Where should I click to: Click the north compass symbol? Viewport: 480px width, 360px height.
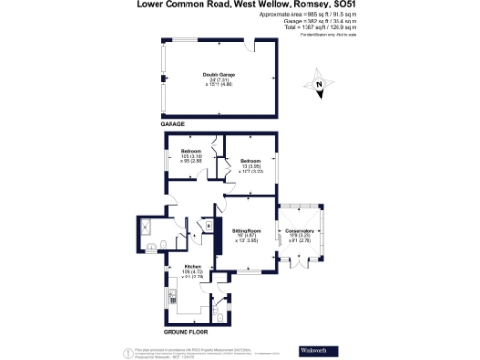[x=319, y=86]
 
